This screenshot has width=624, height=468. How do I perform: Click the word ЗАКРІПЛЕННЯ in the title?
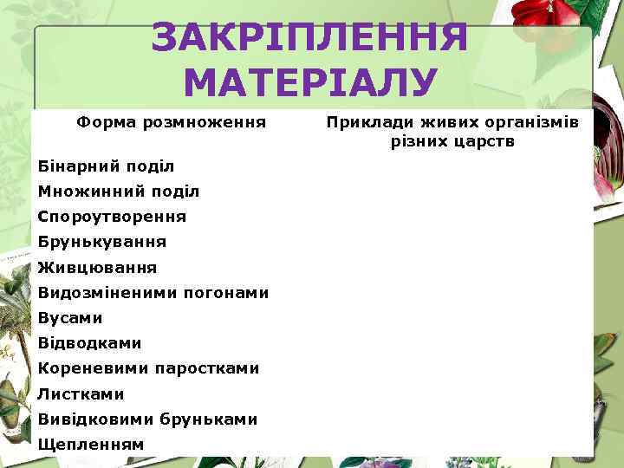pos(309,37)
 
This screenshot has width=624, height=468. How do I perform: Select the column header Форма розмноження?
pos(171,122)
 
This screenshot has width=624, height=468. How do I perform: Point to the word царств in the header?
pos(483,140)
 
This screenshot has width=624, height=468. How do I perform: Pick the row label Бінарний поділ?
pos(107,166)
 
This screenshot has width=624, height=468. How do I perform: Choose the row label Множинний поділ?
pos(119,191)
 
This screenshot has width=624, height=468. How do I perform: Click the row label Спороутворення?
pos(112,216)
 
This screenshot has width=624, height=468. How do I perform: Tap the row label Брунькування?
pos(102,242)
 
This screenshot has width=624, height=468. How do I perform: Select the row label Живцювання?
pos(98,268)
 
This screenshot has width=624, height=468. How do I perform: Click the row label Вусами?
pos(70,318)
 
